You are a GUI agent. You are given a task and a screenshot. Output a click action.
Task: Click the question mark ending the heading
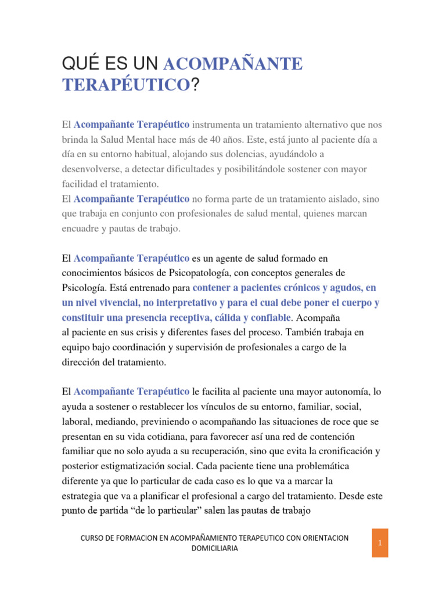(x=195, y=85)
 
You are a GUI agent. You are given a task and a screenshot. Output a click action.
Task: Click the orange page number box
(x=379, y=543)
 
